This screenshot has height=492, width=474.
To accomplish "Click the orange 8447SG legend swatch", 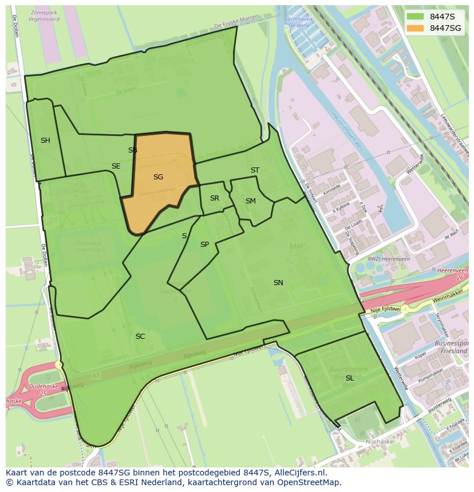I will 416,28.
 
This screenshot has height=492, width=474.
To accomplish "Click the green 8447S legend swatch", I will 416,17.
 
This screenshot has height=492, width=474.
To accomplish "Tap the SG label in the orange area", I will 158,177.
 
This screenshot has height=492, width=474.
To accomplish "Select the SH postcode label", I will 45,141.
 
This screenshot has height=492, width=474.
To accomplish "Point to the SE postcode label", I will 116,166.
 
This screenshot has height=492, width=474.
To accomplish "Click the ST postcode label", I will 255,170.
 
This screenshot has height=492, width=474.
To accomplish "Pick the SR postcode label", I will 214,198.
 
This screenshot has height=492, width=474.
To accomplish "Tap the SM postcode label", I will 250,201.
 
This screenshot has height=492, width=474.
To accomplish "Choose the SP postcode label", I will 204,245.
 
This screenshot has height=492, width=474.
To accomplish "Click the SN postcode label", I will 278,283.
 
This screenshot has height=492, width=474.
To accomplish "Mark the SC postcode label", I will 140,337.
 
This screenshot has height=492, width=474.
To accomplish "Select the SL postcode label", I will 349,378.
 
